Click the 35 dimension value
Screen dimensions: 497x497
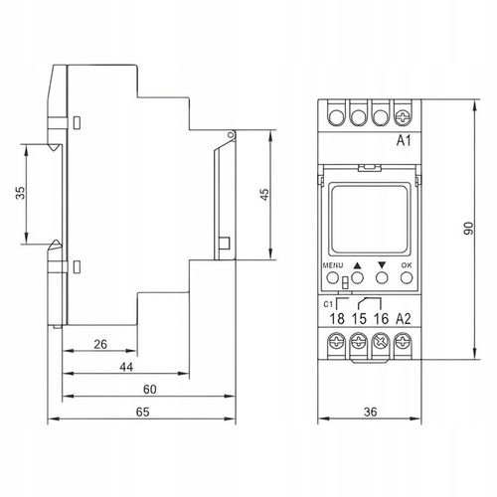click(21, 193)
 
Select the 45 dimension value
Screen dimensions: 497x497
click(264, 195)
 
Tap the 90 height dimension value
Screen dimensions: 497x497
click(468, 229)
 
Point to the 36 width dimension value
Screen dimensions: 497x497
click(370, 412)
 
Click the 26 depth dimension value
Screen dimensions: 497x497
click(100, 344)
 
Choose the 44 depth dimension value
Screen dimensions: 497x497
click(126, 367)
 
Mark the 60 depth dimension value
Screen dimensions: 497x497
click(150, 390)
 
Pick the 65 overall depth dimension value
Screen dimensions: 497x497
click(143, 412)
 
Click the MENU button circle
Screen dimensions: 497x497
click(332, 277)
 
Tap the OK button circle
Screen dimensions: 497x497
click(407, 277)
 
